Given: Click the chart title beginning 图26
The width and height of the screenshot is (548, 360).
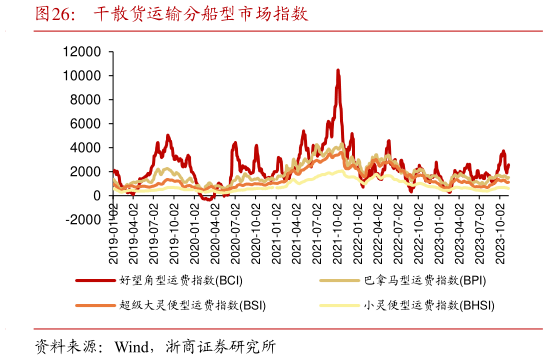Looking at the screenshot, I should [170, 15].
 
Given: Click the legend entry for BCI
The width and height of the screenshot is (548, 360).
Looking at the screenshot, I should [180, 281].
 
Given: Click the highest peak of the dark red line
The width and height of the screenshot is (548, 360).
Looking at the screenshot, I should [338, 70].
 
